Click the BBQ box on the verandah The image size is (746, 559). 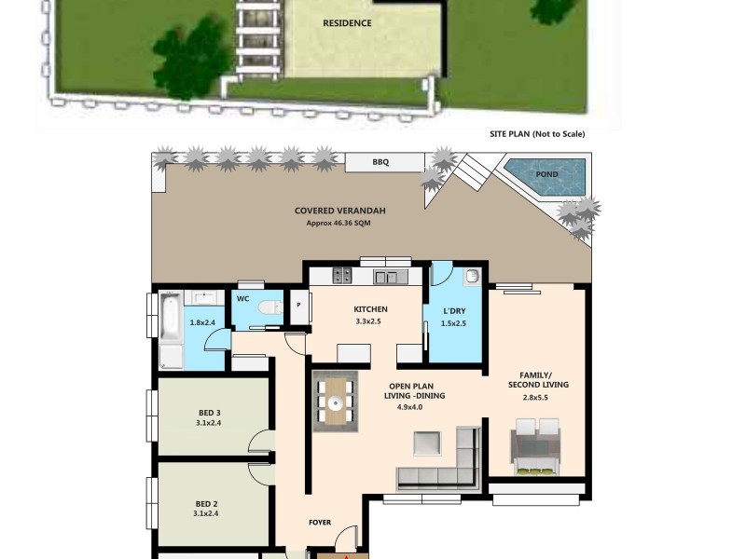point(380,162)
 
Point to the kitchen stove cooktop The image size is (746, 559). point(342,276)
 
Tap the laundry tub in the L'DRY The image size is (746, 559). point(471,277)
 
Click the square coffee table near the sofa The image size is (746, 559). point(429,443)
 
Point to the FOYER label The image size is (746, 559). point(320,523)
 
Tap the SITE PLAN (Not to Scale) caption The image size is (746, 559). point(537,134)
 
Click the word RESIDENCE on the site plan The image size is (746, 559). point(347,23)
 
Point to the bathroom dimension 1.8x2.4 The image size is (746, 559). point(202,323)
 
